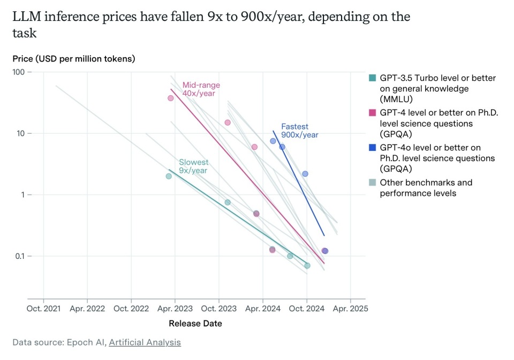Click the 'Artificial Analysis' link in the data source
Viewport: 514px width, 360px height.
click(145, 342)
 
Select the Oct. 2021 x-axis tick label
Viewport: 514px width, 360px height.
click(43, 309)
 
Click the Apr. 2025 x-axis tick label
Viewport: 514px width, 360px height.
click(350, 309)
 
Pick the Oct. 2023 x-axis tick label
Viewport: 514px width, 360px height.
click(218, 309)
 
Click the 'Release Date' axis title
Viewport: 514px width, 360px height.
click(195, 323)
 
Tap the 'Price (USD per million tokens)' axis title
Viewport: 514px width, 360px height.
click(74, 58)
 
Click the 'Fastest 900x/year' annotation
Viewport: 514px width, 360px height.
click(299, 131)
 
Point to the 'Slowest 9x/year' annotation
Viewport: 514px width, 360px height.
click(193, 166)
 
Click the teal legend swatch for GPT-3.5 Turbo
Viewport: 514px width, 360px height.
click(373, 78)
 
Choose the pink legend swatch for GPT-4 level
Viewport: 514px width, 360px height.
click(373, 113)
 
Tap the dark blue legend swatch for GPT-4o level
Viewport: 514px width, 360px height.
click(373, 148)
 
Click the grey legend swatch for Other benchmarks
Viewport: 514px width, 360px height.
click(373, 182)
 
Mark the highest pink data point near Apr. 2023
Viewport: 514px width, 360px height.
click(171, 98)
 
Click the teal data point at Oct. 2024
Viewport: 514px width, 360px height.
click(307, 265)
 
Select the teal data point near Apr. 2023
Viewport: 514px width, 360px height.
click(169, 176)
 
